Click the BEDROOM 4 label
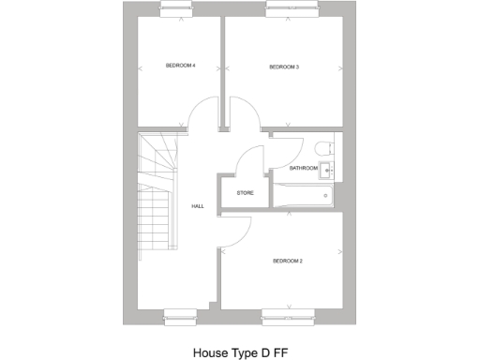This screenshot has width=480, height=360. (x=180, y=66)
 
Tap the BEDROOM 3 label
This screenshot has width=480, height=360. (x=284, y=67)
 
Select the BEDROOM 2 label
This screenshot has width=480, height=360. (x=288, y=260)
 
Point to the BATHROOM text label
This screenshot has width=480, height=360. (x=303, y=169)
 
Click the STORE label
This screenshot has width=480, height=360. (x=246, y=193)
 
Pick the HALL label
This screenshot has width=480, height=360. (x=198, y=206)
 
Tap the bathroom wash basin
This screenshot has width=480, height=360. (x=328, y=170)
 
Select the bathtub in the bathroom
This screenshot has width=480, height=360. (x=300, y=195)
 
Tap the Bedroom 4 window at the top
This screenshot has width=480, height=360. (x=177, y=9)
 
